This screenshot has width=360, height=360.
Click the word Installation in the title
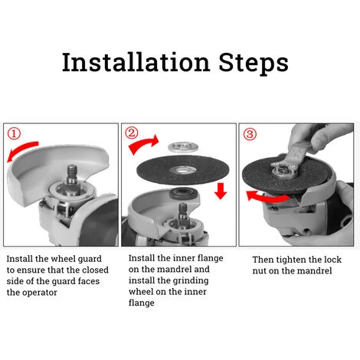point(136,62)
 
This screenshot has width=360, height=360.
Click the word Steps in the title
point(254,64)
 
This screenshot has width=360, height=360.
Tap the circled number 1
point(14,134)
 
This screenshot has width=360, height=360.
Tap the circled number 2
point(132,133)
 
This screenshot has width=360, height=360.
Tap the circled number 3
point(250,134)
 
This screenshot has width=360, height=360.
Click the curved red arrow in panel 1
point(21,149)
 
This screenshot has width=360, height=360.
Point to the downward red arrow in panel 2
point(221,191)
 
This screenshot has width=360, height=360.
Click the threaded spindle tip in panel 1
point(72,171)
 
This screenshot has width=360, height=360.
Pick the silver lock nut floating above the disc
point(183,147)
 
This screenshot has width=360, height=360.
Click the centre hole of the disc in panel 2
point(182,169)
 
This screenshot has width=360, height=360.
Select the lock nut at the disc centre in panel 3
point(284,170)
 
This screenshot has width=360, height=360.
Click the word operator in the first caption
point(40,293)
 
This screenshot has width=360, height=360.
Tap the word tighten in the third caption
point(291,260)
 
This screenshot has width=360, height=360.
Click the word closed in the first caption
point(95,270)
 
